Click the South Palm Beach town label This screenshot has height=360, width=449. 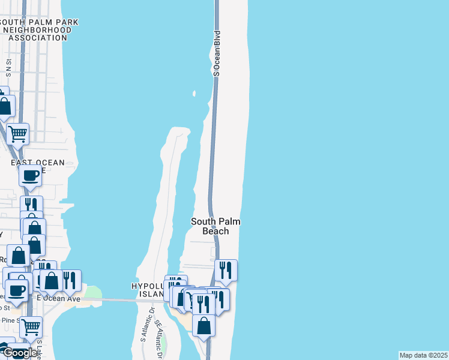click(215, 226)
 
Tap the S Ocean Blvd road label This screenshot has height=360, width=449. click(217, 53)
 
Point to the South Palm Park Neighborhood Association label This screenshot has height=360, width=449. click(41, 30)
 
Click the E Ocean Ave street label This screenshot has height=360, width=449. click(58, 298)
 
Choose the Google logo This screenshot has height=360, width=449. click(19, 353)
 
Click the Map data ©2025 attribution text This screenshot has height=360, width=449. click(424, 355)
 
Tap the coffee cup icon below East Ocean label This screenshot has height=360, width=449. click(30, 176)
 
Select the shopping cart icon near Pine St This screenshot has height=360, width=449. click(31, 327)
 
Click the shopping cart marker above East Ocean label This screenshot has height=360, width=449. click(18, 133)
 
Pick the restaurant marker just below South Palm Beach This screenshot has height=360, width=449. click(226, 270)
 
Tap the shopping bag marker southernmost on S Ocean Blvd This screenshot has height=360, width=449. click(205, 326)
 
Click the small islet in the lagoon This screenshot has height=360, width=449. click(194, 94)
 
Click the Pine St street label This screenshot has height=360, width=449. click(9, 320)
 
